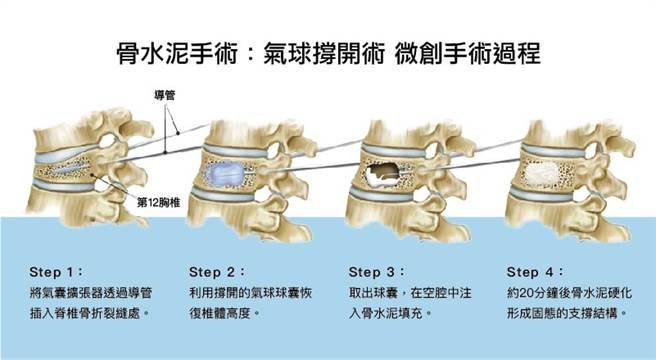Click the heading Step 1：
point(60,270)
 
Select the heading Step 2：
point(219,270)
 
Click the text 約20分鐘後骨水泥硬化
point(569,293)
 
